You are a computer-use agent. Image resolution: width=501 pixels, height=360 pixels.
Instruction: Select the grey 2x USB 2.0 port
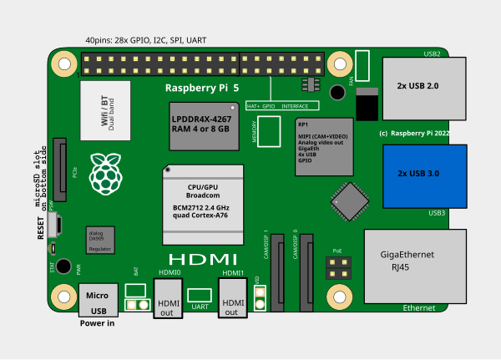coord(424,86)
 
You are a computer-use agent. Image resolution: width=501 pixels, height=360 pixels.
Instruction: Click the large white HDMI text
coord(203,259)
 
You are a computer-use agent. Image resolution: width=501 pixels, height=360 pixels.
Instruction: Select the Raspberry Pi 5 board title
coord(202,88)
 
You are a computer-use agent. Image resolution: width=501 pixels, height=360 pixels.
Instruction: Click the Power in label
coord(97,323)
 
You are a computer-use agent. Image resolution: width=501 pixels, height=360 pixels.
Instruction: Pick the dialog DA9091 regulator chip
coord(100,240)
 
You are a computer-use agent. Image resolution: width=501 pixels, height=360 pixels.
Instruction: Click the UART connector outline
coord(200,294)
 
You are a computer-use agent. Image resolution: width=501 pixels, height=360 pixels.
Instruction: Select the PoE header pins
coord(338,267)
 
